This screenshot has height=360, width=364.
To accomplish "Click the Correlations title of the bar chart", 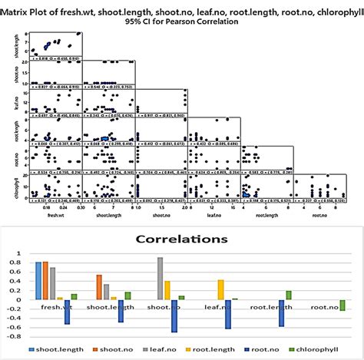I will point(182,239).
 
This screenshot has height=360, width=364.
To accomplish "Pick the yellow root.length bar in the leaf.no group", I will point(221,289).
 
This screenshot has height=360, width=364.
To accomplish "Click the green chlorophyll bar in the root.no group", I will point(342,306).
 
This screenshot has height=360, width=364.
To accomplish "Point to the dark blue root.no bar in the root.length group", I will point(281,313).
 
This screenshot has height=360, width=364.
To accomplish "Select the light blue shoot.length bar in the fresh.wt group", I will point(38,280).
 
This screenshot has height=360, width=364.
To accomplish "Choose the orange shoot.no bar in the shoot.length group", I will point(99,286).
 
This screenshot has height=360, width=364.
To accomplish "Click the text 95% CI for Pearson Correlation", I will point(181,21).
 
